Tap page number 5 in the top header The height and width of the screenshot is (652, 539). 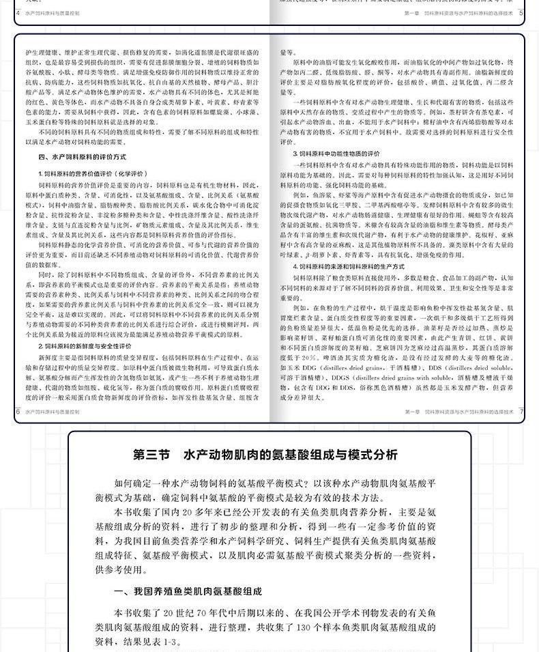(521, 12)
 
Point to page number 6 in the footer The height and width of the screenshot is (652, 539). (18, 412)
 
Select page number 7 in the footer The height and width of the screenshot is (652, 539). (521, 412)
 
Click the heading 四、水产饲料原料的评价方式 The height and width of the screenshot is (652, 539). (79, 157)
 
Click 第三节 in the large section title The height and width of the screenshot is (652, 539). (153, 455)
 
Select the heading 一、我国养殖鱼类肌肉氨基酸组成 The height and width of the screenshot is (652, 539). (188, 591)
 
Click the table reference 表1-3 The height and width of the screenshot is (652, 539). (169, 642)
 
